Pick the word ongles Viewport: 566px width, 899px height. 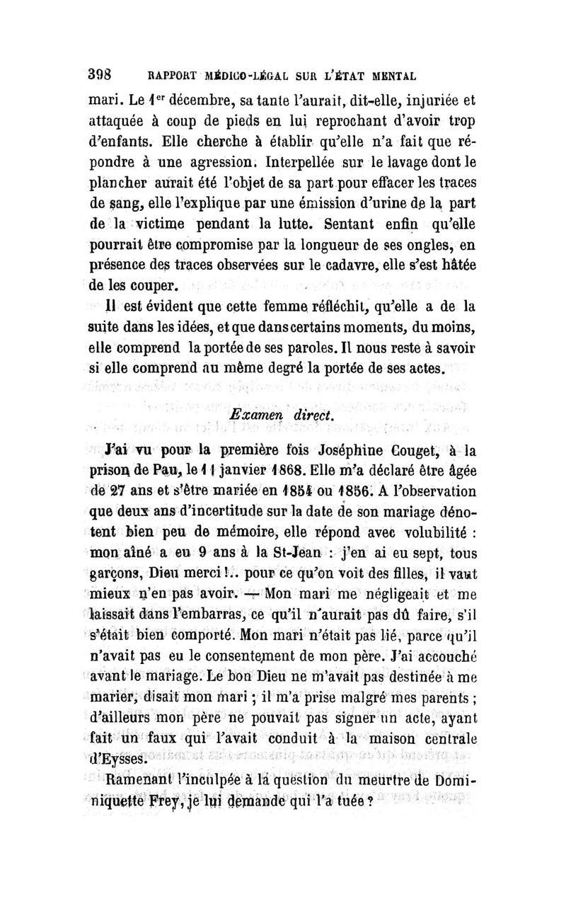(x=419, y=250)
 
